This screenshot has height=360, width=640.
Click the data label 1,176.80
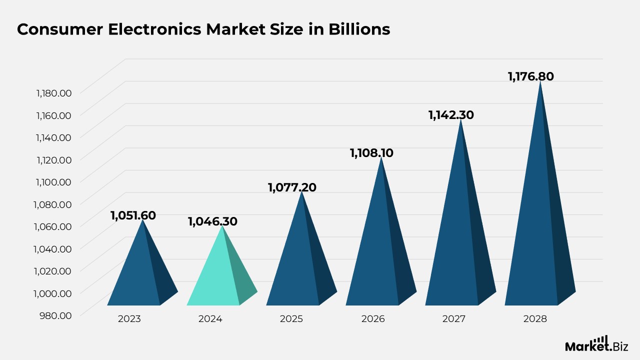(x=531, y=76)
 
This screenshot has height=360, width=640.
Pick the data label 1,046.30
(x=212, y=221)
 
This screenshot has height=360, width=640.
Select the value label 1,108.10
(x=371, y=153)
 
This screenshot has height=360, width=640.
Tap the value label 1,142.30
(x=451, y=115)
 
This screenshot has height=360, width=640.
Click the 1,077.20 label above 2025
(x=292, y=187)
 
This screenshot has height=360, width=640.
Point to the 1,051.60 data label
(x=133, y=215)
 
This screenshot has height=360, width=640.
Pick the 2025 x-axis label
(x=291, y=318)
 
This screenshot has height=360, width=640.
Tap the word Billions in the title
(x=359, y=29)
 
